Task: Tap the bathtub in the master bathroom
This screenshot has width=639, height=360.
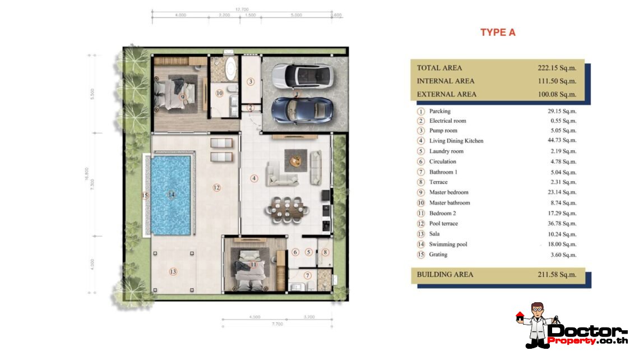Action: pos(230,70)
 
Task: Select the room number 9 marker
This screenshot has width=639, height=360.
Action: pos(182,96)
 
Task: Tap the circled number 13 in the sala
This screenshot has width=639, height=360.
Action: pos(173,272)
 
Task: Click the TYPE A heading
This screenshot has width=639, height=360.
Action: pos(497,33)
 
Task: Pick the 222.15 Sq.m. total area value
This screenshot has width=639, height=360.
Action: pos(557,68)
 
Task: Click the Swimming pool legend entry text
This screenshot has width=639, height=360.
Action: pos(448,244)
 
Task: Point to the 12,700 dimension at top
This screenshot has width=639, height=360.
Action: pos(242,10)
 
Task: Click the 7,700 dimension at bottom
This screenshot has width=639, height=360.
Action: pos(277,324)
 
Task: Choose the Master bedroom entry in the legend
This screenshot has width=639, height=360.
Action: pos(450,192)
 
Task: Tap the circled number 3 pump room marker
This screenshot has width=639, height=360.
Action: pos(251,82)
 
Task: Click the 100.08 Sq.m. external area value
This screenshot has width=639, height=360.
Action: pos(557,94)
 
